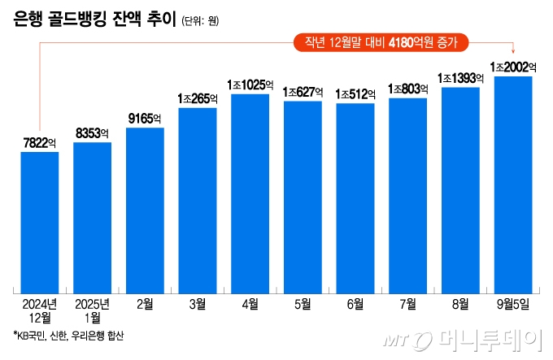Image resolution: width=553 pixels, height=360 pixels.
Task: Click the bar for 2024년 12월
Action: [x=40, y=222]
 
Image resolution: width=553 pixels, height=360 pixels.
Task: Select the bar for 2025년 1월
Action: [x=92, y=217]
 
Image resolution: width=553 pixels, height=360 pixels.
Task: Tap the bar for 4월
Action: [x=250, y=193]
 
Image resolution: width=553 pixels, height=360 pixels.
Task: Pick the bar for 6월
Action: [x=355, y=198]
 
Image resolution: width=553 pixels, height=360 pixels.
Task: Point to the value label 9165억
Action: [x=145, y=119]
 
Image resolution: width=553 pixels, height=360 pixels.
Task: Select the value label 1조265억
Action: [x=198, y=98]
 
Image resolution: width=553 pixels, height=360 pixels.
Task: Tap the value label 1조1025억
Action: [x=250, y=85]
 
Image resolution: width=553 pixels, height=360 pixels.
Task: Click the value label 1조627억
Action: [x=303, y=92]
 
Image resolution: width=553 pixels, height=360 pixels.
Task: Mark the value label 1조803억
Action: [x=407, y=89]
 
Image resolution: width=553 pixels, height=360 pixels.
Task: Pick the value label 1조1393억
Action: [x=460, y=78]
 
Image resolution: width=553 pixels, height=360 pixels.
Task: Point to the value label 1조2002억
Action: [x=513, y=67]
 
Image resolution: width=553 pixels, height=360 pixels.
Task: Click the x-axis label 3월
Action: [x=198, y=304]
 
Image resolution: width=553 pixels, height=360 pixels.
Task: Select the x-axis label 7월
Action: [x=407, y=304]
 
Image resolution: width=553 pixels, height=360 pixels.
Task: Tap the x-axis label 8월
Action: [x=460, y=304]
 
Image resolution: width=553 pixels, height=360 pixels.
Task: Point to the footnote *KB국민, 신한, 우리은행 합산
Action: [x=69, y=336]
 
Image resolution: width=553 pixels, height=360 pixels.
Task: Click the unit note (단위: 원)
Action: [x=200, y=22]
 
